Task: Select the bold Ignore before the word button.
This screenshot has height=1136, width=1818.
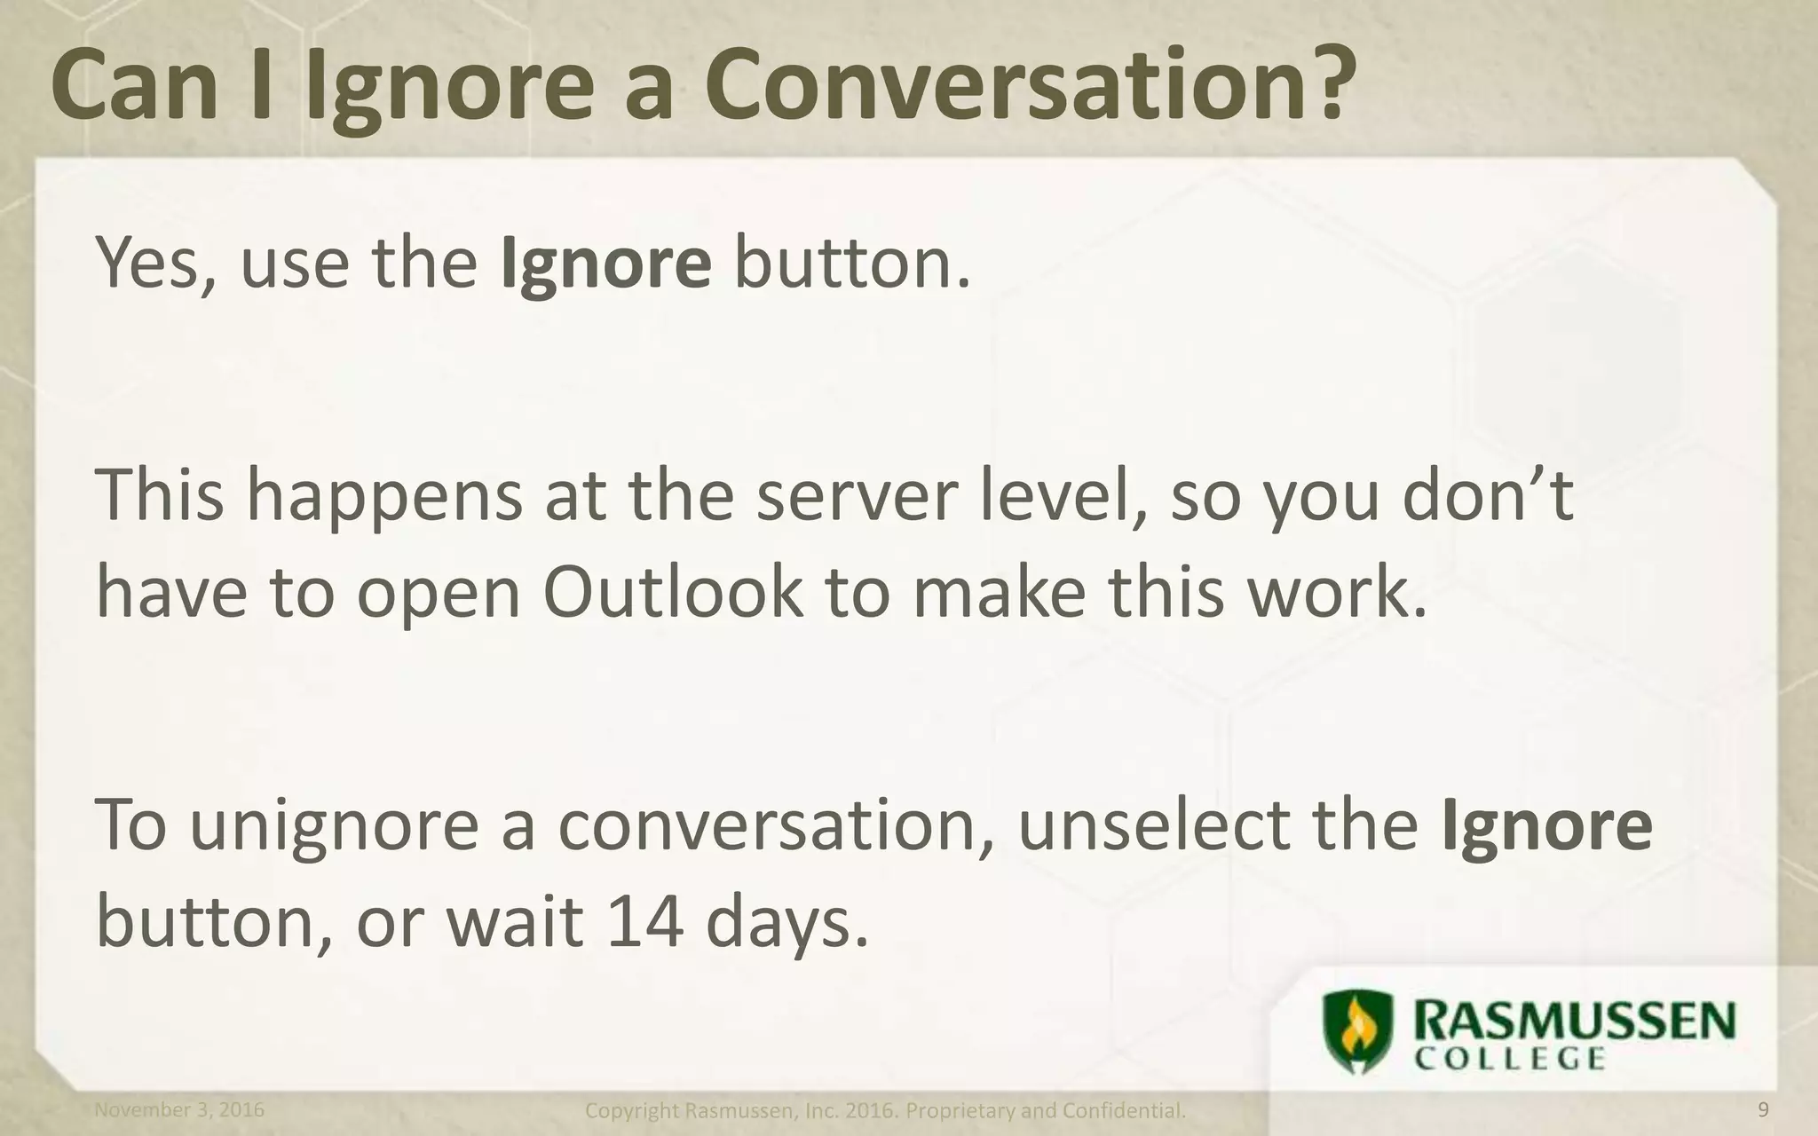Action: tap(605, 264)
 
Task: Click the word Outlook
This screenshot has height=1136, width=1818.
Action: tap(672, 593)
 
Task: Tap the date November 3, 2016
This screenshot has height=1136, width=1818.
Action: tap(179, 1110)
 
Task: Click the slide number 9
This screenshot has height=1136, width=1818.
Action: tap(1763, 1110)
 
